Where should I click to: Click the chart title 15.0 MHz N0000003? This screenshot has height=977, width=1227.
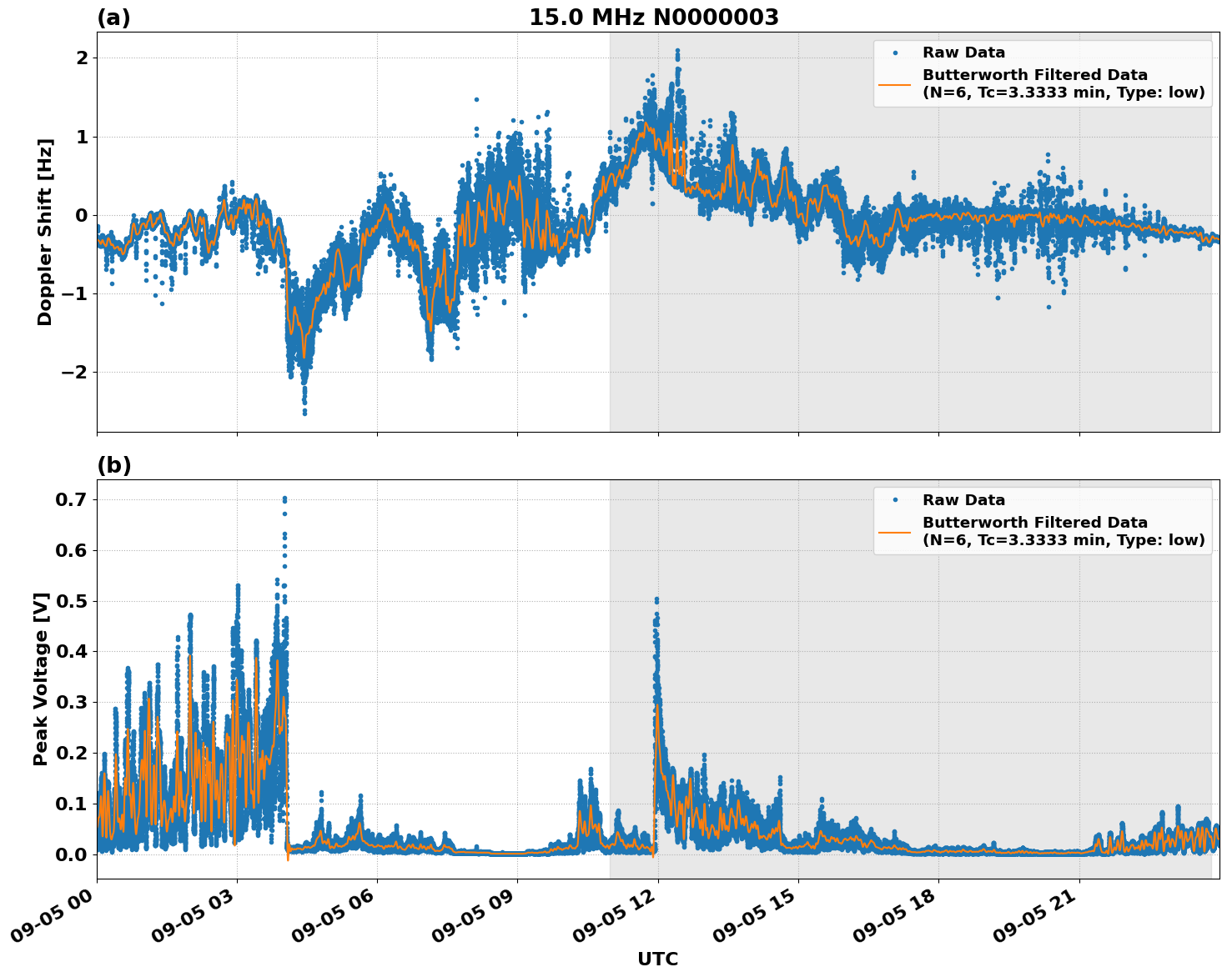pos(653,18)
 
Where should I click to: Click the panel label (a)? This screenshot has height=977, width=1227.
pos(113,18)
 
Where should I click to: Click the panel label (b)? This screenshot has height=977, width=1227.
pos(114,465)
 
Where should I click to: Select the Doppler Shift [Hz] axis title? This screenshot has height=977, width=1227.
pos(45,232)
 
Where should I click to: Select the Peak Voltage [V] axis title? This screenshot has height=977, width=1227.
pos(41,679)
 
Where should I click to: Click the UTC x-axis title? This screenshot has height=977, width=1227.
pos(657,959)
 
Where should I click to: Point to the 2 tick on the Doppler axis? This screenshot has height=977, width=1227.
pos(82,58)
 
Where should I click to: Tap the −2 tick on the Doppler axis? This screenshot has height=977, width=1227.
pos(76,372)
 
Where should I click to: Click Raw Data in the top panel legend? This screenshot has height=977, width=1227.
pos(963,53)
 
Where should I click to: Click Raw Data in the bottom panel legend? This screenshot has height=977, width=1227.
pos(963,500)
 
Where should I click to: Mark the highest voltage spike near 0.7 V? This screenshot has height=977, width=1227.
pos(284,499)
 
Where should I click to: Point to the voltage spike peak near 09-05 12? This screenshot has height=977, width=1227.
pos(656,599)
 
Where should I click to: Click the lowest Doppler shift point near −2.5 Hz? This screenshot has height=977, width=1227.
pos(304,413)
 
